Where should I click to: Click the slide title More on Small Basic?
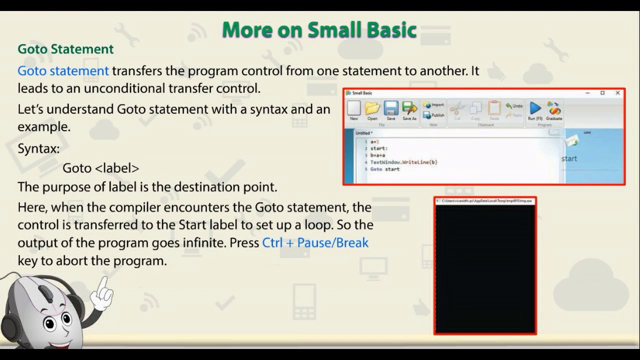[x=319, y=30]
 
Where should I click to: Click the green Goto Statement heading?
[x=65, y=49]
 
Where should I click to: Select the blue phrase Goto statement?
[x=63, y=71]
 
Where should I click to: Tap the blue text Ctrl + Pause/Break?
[x=315, y=243]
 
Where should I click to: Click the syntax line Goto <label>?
[x=100, y=168]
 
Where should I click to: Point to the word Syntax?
[x=38, y=149]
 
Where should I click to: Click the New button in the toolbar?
[x=354, y=110]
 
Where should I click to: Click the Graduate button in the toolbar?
[x=554, y=110]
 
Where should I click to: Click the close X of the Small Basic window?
[x=617, y=93]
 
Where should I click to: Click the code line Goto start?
[x=385, y=169]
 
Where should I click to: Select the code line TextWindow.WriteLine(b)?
[x=403, y=162]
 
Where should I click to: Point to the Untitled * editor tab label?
[x=363, y=133]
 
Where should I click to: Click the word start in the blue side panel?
[x=569, y=159]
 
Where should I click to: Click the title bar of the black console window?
[x=485, y=201]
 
